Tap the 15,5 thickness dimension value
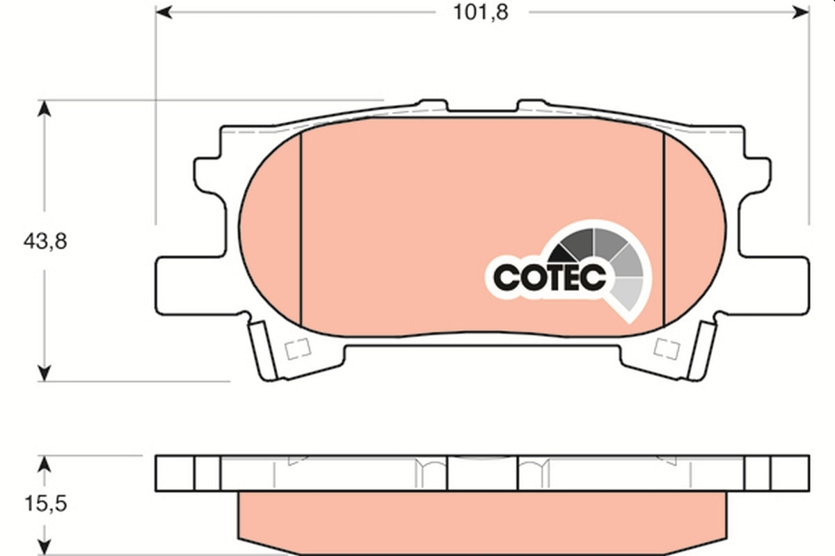coord(44,504)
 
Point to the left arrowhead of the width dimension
coord(161,13)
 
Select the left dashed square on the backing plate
coord(297,348)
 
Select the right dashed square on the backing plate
coord(668,348)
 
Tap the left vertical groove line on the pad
coord(301,229)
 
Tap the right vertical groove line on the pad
coord(665,229)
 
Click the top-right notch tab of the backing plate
coord(532,106)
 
